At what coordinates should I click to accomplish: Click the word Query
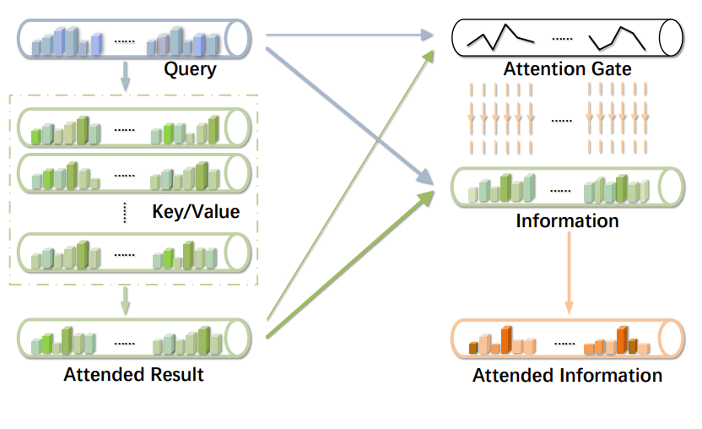[191, 69]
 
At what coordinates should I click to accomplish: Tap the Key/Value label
[196, 212]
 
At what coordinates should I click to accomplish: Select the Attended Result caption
[133, 374]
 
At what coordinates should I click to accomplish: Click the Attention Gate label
[567, 69]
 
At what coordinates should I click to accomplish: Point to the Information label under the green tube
[567, 221]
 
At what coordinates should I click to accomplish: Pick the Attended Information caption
[567, 375]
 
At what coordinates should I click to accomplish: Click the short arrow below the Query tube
[126, 76]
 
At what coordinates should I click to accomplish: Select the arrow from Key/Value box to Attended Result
[126, 301]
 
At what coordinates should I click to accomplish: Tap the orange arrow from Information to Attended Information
[569, 273]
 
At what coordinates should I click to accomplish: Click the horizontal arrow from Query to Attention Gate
[349, 35]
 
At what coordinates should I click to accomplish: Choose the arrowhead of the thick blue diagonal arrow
[425, 177]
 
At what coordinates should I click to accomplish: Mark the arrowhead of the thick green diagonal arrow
[426, 198]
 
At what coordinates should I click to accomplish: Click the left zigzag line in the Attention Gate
[500, 37]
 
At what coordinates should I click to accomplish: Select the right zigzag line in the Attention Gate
[617, 38]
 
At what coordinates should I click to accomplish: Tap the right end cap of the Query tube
[237, 39]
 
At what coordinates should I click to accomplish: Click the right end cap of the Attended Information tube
[671, 339]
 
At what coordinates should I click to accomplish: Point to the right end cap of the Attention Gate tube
[671, 38]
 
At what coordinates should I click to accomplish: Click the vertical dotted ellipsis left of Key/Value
[125, 213]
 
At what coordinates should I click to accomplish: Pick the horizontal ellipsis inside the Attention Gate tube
[562, 39]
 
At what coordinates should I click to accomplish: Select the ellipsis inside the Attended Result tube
[125, 344]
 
